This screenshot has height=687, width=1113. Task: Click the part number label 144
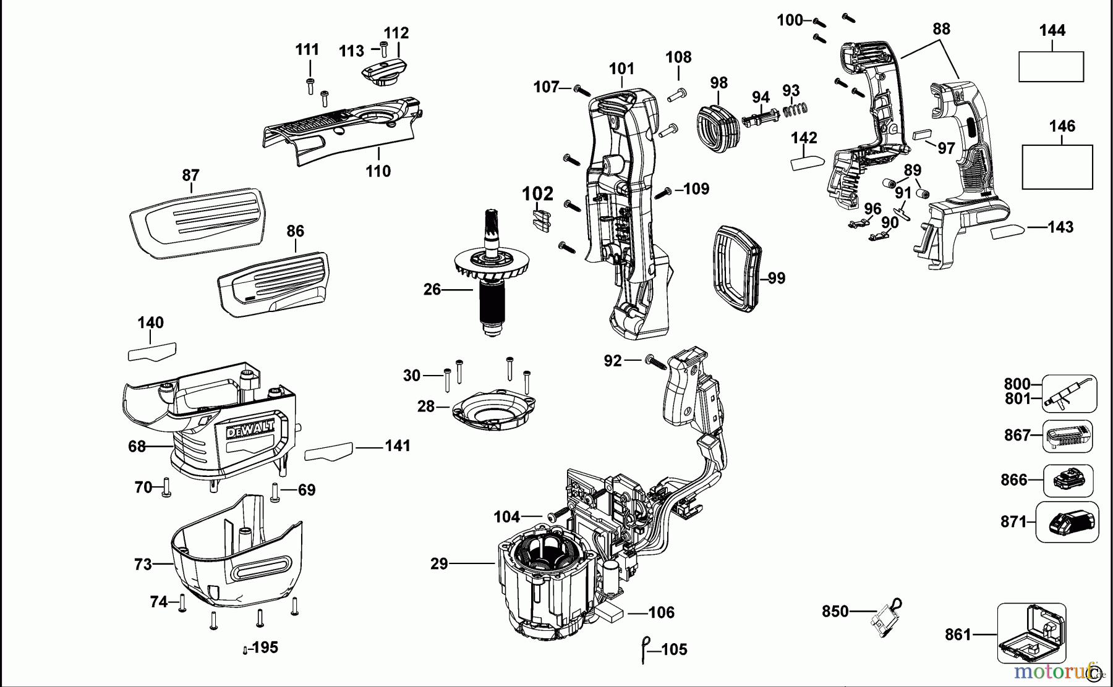click(1052, 30)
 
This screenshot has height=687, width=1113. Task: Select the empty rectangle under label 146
click(1057, 167)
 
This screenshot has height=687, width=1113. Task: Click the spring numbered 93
click(796, 109)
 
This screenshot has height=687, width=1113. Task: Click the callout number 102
click(537, 194)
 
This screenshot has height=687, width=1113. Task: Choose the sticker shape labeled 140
click(151, 352)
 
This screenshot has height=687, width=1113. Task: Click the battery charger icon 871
click(1067, 522)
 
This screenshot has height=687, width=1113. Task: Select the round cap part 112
click(384, 72)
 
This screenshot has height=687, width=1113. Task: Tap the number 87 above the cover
click(190, 175)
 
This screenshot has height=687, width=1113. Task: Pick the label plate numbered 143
click(1007, 232)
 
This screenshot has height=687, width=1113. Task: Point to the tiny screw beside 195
click(245, 650)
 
